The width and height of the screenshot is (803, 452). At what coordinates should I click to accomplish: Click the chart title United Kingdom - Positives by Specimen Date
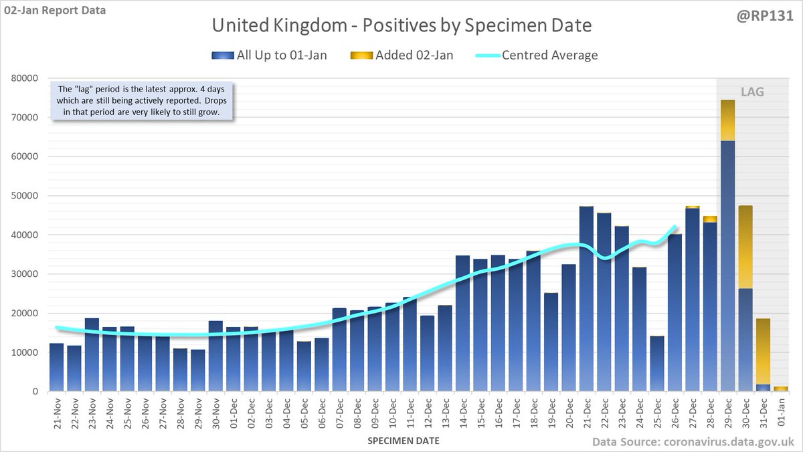401,27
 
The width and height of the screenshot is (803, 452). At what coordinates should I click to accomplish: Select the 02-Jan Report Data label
54,10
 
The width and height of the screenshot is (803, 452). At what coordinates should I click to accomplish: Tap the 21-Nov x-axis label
57,415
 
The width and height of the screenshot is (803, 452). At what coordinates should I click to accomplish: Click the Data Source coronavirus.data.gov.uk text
693,442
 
